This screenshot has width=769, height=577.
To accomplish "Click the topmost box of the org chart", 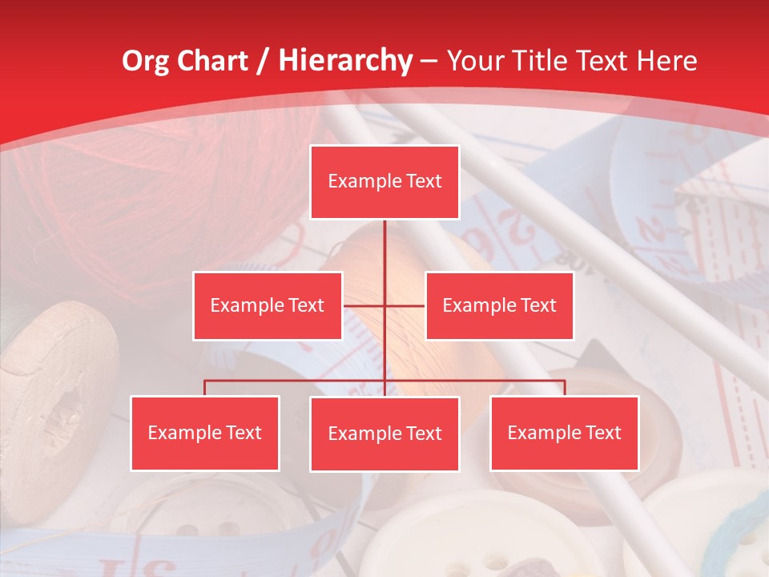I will click(x=384, y=182).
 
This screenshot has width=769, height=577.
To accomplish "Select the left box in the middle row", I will click(x=268, y=305).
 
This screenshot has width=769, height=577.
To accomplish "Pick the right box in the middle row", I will click(x=499, y=305).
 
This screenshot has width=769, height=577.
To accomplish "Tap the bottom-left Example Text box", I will click(x=205, y=433).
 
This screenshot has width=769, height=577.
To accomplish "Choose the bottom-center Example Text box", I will click(x=384, y=434).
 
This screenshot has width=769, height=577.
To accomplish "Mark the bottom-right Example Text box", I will click(x=565, y=433).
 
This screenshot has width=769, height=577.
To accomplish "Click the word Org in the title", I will click(x=145, y=61).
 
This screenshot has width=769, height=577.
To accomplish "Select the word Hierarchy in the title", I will click(x=344, y=61).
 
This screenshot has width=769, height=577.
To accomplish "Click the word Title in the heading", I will click(x=545, y=61).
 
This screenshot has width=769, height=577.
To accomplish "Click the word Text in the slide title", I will click(x=607, y=61).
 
